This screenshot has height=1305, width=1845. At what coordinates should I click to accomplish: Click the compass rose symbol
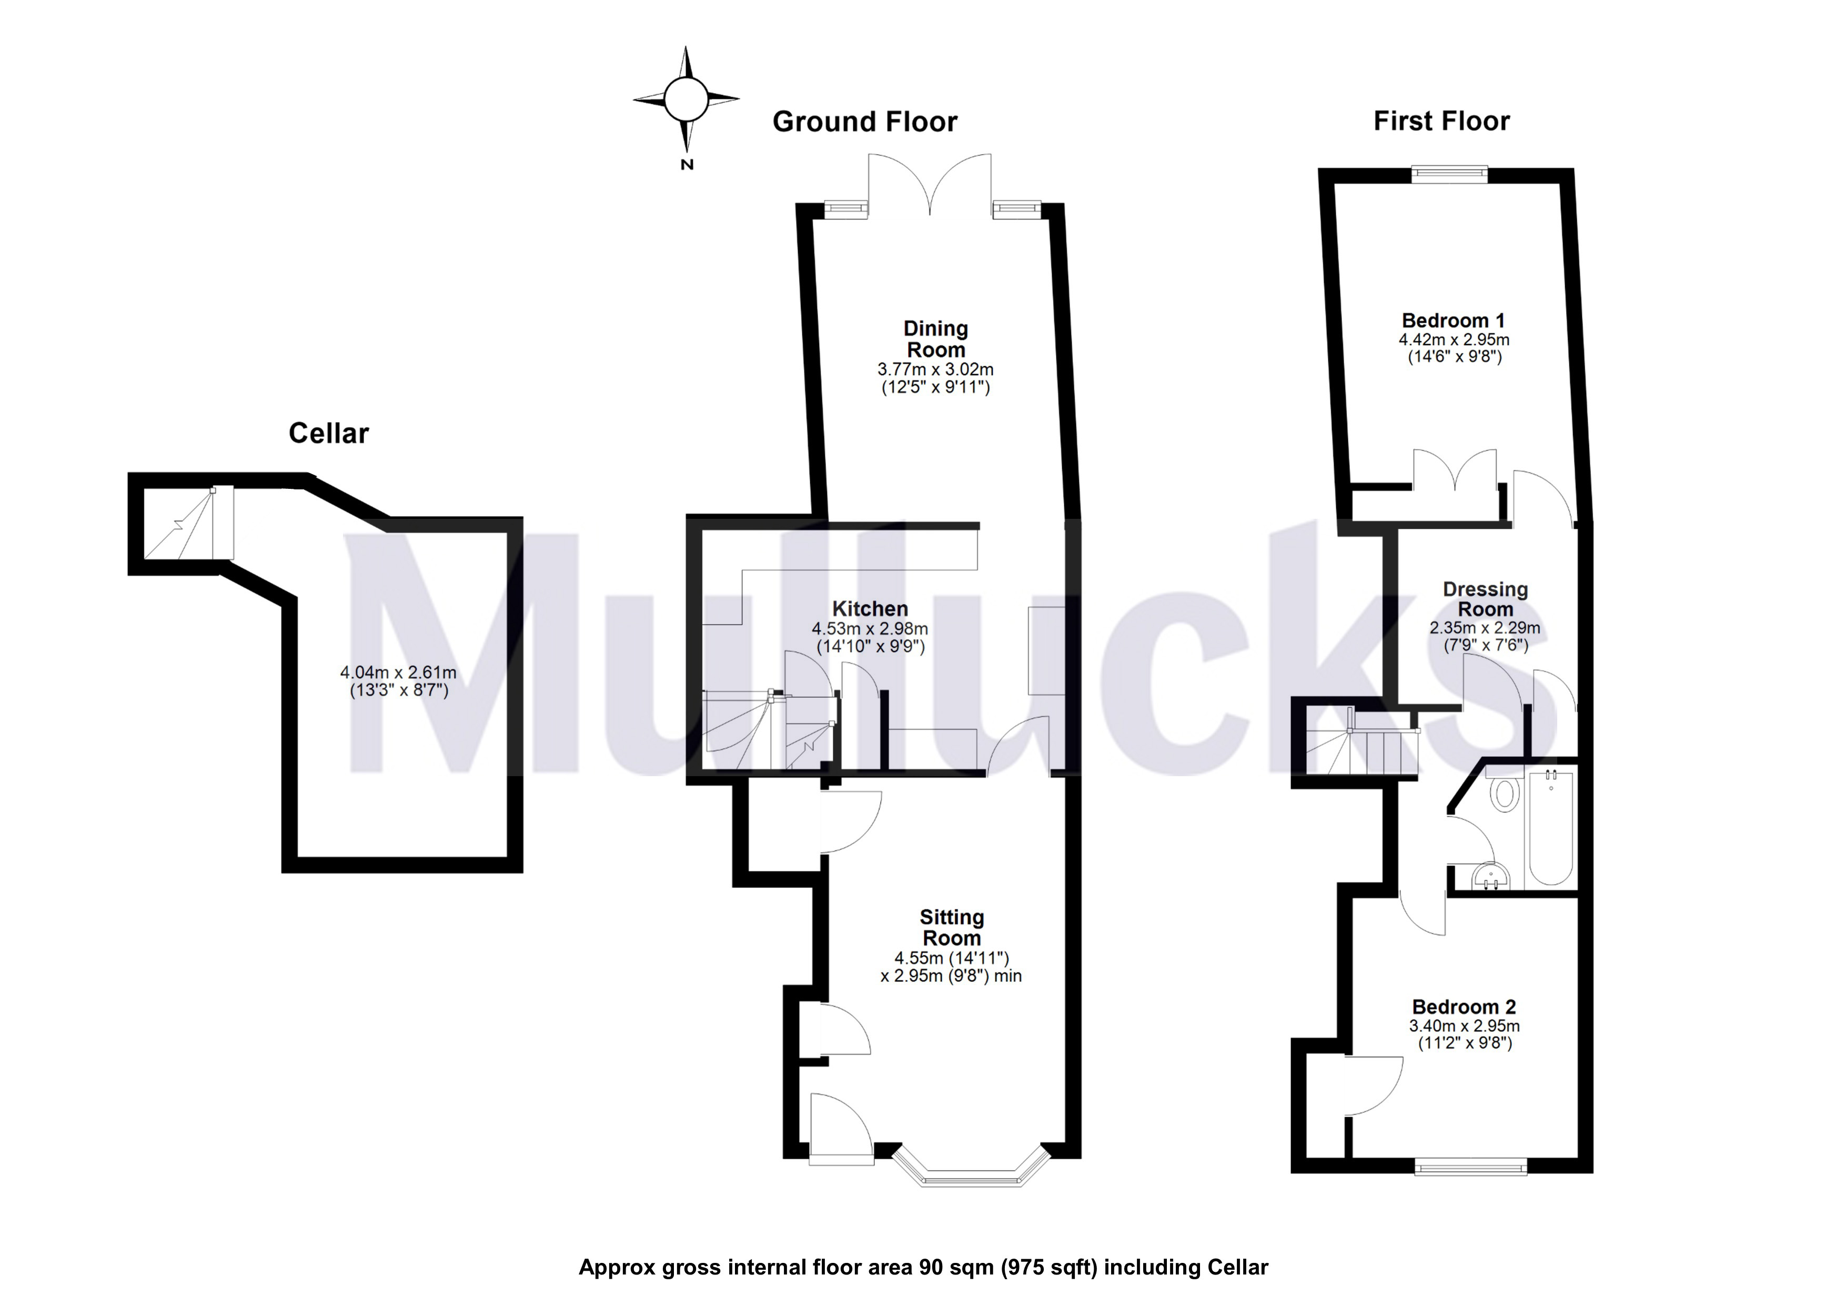pos(685,99)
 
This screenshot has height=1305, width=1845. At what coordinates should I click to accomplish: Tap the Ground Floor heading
pos(865,122)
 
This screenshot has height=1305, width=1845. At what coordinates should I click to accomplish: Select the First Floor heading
pos(1441,122)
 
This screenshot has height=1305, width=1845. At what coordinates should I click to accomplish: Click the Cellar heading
pos(329,434)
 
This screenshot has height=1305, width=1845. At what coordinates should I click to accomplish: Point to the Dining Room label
pos(935,339)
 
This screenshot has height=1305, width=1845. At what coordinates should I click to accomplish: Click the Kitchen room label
pos(870,609)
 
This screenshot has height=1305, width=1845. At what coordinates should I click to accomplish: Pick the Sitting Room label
pos(951,927)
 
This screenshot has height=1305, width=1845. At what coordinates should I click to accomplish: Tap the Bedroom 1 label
pos(1454,320)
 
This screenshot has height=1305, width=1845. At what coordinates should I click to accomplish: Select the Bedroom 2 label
pos(1464,1007)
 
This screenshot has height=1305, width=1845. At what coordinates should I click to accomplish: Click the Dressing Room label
pos(1485,599)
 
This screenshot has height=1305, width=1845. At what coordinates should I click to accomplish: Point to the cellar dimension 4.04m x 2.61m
pos(399,672)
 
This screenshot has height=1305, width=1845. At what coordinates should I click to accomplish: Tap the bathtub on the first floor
pos(1550,828)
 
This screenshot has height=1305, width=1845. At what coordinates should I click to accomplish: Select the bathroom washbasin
pos(1491,877)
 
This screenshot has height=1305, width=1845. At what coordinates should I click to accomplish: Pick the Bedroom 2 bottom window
pos(1470,1167)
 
